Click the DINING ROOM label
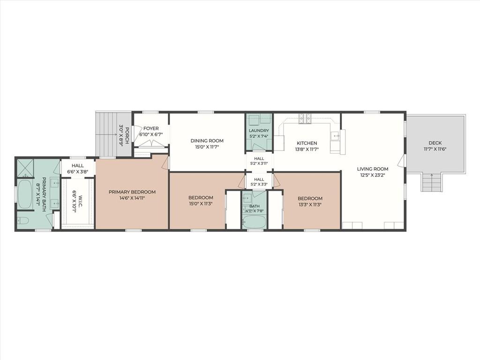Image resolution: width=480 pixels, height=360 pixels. (207, 141)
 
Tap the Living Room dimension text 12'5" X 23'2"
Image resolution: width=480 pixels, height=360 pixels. (373, 175)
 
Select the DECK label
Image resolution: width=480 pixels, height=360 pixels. (435, 143)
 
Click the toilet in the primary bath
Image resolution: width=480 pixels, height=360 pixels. (23, 220)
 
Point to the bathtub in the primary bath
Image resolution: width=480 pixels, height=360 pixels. (25, 195)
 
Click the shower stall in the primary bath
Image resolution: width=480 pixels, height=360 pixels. (25, 167)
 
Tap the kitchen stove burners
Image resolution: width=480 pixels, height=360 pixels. (305, 119)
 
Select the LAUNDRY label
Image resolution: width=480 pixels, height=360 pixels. (259, 131)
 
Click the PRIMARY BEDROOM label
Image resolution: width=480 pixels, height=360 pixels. (132, 192)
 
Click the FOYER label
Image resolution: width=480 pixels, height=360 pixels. (151, 128)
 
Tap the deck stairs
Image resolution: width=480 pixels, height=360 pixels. (432, 182)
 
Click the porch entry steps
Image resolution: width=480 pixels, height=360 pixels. (106, 135)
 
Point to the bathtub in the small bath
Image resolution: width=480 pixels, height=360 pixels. (254, 222)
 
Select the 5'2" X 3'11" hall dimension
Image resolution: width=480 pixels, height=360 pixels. (259, 164)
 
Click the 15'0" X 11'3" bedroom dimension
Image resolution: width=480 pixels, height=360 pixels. (201, 203)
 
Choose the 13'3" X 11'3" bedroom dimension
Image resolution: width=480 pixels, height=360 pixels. (310, 204)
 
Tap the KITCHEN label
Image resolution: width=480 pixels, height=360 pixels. (307, 143)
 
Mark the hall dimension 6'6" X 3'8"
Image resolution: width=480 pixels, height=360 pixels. (78, 172)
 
